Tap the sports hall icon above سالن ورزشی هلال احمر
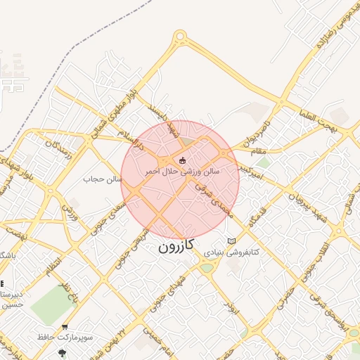point(183,160)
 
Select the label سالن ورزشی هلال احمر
point(182,171)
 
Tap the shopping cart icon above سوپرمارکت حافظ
point(65,327)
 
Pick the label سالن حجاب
point(103,179)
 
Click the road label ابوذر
point(229,305)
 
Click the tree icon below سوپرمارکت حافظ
point(64,353)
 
